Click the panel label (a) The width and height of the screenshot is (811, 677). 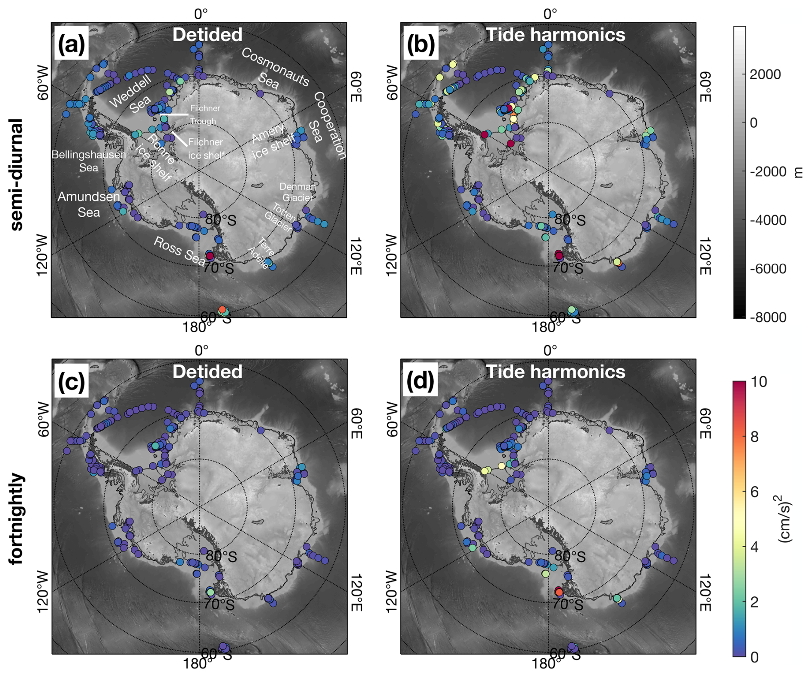(x=71, y=43)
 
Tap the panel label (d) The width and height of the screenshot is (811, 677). (x=420, y=380)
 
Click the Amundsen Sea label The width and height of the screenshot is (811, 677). (x=89, y=204)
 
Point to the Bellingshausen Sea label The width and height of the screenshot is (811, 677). (x=89, y=161)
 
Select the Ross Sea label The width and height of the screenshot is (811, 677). (x=179, y=251)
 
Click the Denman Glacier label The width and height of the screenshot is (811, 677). (x=297, y=192)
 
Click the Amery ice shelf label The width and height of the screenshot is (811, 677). (x=273, y=141)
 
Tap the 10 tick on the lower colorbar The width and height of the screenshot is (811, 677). (x=758, y=381)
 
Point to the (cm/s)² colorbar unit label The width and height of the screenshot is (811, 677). (x=785, y=518)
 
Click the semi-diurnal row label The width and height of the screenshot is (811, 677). (x=16, y=174)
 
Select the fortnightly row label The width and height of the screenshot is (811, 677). (x=16, y=518)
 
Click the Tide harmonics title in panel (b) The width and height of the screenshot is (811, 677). (x=556, y=35)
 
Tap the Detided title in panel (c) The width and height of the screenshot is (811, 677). (x=207, y=371)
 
